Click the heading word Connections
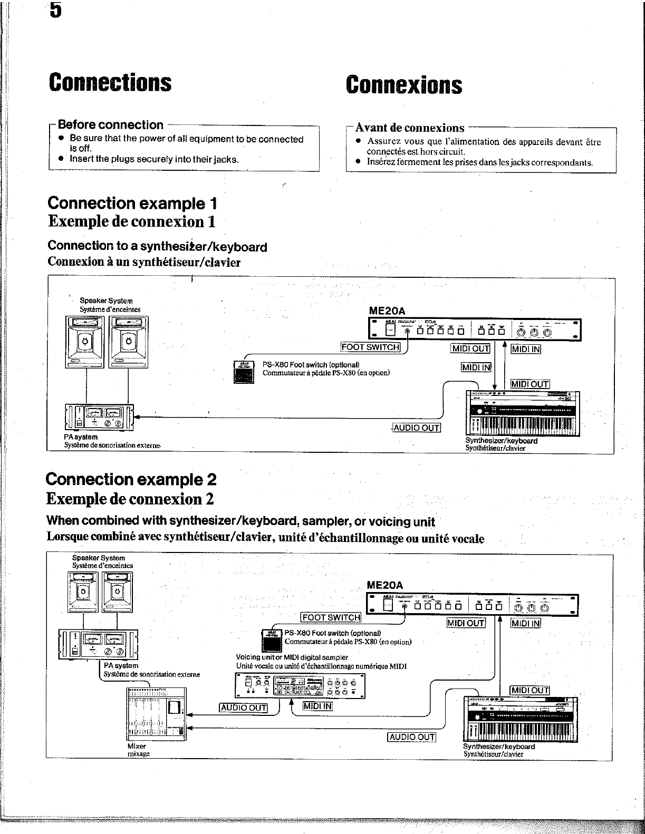(110, 83)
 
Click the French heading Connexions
(404, 85)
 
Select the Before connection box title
(111, 125)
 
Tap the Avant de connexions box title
(410, 128)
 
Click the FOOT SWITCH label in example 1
(370, 347)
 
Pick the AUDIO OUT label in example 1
(417, 428)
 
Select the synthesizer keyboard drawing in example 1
(523, 414)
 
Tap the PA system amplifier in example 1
(99, 416)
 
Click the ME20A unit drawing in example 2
(473, 604)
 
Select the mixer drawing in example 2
(156, 714)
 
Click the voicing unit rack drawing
(300, 685)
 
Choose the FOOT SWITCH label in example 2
(331, 617)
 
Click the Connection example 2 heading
(131, 479)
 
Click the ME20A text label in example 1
(387, 311)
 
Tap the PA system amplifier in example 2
(99, 645)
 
